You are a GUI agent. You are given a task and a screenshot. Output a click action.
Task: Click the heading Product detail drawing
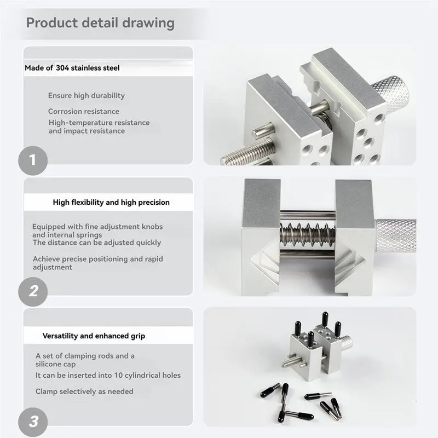click(x=100, y=23)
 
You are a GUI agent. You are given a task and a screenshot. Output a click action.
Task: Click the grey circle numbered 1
click(x=33, y=160)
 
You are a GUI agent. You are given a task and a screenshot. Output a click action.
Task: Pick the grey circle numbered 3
click(x=33, y=422)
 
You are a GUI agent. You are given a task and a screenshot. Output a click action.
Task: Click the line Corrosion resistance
click(x=83, y=111)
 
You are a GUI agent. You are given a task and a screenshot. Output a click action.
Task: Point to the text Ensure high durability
click(x=87, y=95)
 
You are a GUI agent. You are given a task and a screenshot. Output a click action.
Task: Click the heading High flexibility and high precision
click(x=111, y=202)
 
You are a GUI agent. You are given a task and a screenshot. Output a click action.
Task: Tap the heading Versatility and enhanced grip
click(x=94, y=336)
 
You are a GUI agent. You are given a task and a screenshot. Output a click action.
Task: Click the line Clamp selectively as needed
click(x=84, y=391)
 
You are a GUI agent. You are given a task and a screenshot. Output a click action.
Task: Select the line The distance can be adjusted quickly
click(x=96, y=243)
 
